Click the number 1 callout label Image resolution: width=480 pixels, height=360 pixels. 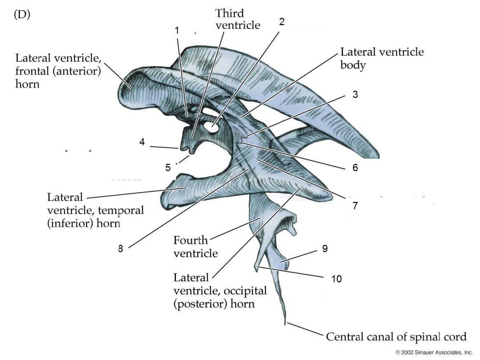click(x=177, y=30)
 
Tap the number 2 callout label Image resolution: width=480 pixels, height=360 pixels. click(x=282, y=22)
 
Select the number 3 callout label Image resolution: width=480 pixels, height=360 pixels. click(x=355, y=95)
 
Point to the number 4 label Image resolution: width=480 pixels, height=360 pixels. click(x=142, y=142)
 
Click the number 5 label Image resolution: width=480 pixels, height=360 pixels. click(x=168, y=167)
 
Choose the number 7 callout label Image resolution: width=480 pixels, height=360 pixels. click(x=355, y=205)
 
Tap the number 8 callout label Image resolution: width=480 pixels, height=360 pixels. click(x=120, y=249)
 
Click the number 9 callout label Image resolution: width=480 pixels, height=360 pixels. click(x=325, y=249)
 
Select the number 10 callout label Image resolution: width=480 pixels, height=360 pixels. click(x=337, y=279)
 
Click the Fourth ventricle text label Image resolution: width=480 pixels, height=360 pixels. click(x=196, y=246)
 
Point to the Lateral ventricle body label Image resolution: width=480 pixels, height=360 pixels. click(x=382, y=58)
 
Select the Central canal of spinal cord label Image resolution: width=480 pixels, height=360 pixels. click(x=396, y=337)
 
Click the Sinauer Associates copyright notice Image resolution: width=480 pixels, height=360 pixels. click(x=434, y=353)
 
